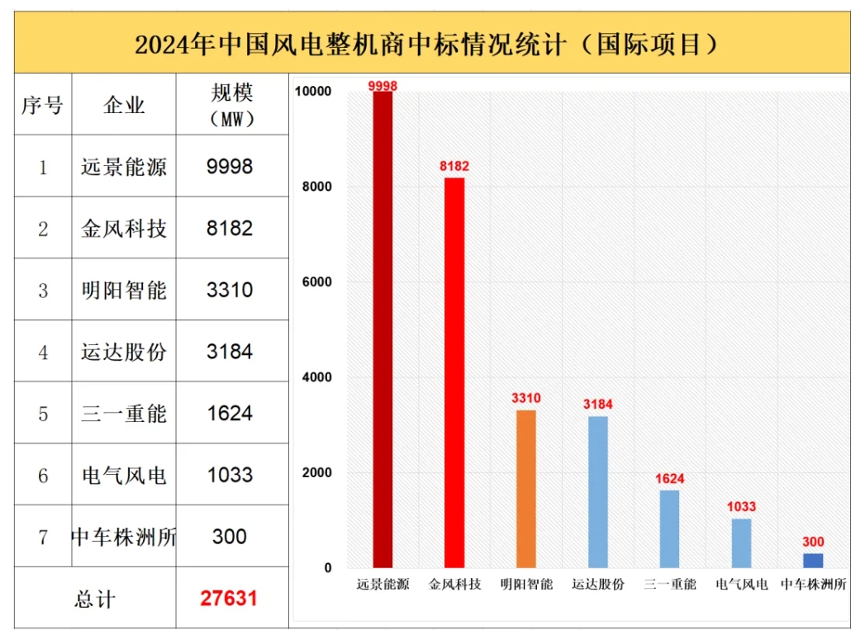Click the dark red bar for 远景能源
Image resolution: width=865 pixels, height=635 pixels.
pos(383,330)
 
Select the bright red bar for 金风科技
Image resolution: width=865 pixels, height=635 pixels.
pos(454,372)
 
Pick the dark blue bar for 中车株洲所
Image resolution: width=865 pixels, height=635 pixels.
pos(813,561)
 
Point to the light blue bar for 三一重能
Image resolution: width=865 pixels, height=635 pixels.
pos(669,528)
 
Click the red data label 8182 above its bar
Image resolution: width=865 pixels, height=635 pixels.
pos(454,167)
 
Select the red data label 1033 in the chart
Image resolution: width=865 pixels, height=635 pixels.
pos(741,507)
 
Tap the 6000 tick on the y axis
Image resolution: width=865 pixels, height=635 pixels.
pos(316,282)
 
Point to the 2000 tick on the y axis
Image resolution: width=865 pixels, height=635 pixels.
pos(316,473)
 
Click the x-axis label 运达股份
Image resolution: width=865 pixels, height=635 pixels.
pos(598,585)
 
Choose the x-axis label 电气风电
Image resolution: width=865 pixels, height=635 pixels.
pos(742,585)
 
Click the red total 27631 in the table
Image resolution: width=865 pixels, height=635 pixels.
pos(229,598)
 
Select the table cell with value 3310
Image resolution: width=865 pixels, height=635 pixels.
pos(230,291)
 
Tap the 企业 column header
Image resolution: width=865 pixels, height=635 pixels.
pos(124,105)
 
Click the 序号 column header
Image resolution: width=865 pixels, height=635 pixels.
pos(42,105)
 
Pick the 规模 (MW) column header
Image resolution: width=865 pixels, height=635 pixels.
pos(231,105)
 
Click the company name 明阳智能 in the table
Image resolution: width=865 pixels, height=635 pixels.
pos(124,291)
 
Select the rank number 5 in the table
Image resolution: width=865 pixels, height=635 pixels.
pos(43,414)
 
